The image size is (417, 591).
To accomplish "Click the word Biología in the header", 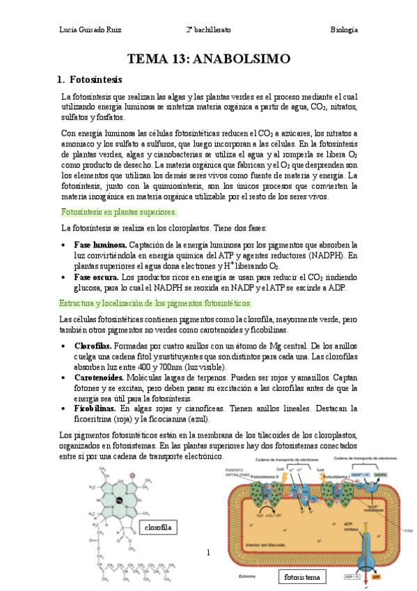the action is [x=344, y=30].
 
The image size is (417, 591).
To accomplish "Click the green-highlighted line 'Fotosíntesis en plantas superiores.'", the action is [x=119, y=211].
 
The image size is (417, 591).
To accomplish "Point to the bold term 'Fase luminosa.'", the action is [x=100, y=245].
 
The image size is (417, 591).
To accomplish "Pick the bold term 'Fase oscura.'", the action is [x=96, y=277].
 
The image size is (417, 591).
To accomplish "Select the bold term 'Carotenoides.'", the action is [x=100, y=377].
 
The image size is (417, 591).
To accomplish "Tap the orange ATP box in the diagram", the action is [x=377, y=577].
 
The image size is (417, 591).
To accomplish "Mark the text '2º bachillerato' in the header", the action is [x=208, y=30].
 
